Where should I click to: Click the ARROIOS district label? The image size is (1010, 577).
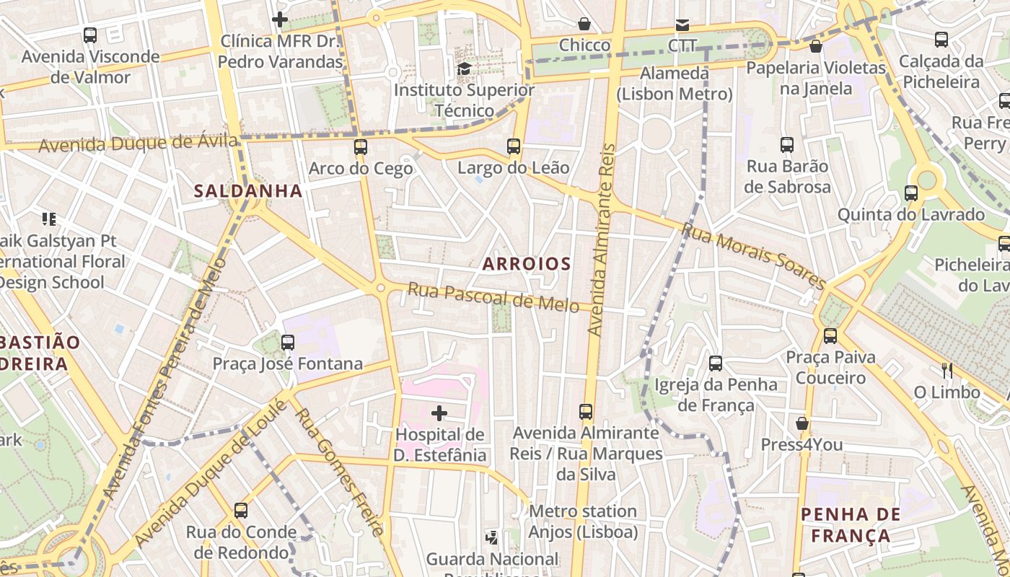coord(527,264)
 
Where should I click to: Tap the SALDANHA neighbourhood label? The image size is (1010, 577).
coord(247,191)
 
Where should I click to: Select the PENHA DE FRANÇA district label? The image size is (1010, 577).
coord(851,525)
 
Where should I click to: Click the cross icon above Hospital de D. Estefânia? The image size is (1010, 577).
coord(439,413)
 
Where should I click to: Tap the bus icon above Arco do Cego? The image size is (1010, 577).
coord(361,147)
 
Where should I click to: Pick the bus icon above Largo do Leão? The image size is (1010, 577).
coord(514,146)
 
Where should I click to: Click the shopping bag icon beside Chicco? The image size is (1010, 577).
coord(584,24)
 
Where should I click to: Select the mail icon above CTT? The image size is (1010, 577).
coord(682,25)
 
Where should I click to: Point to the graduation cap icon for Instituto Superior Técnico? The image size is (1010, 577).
coord(464,69)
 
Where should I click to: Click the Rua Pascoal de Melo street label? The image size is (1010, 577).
coord(493,297)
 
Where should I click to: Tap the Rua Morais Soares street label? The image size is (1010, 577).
coord(754,256)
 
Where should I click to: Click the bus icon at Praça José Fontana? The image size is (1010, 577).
coord(288,342)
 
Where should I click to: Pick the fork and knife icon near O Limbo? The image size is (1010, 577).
coord(947,371)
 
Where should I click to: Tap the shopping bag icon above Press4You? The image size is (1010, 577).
coord(802,423)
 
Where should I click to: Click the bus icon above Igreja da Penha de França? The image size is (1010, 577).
coord(716,363)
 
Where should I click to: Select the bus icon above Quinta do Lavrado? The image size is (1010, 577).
coord(911,193)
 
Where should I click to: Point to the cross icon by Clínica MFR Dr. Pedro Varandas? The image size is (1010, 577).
coord(280,19)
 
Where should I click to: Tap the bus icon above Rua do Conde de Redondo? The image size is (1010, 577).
coord(241,511)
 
